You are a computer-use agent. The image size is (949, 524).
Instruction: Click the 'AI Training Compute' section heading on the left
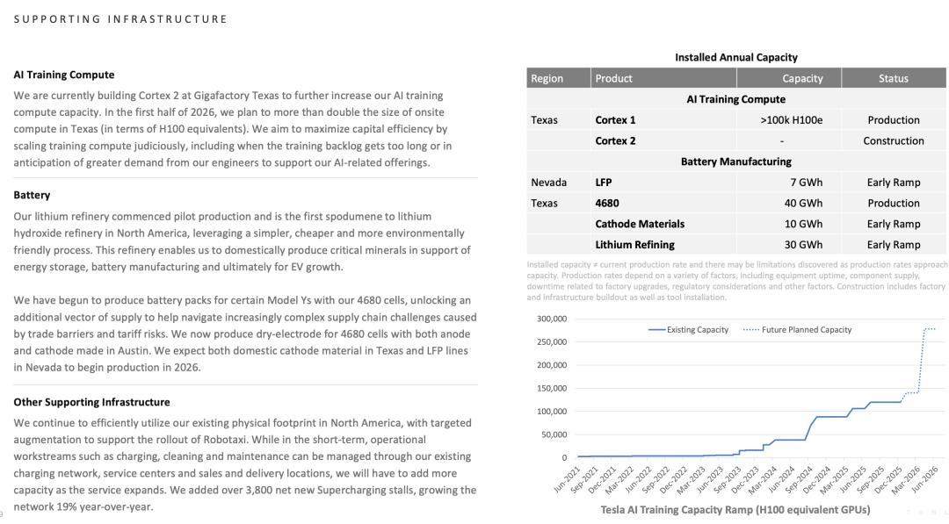coord(64,75)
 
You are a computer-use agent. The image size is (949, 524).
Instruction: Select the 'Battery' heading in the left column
coord(32,195)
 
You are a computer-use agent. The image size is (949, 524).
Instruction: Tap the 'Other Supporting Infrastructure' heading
coord(91,402)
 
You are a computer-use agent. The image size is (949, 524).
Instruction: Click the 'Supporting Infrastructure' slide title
coord(120,18)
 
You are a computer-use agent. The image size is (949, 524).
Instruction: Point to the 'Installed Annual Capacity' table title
coord(735,57)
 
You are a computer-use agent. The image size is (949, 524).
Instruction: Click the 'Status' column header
coord(893,78)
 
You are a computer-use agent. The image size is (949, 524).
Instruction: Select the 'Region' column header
coord(547,78)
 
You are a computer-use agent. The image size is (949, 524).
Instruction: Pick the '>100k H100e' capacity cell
coord(791,120)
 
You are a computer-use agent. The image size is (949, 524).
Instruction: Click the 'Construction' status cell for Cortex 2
coord(893,140)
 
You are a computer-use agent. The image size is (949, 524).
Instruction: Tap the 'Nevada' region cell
coord(548,183)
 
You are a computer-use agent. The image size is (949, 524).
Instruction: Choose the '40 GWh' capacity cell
coord(803,203)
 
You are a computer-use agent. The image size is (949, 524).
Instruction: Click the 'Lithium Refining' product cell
coord(634,245)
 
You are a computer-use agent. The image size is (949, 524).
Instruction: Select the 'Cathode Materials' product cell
coord(639,224)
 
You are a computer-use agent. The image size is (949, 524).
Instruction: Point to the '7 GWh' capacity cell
coord(806,183)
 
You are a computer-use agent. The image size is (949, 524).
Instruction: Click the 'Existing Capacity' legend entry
coord(689,330)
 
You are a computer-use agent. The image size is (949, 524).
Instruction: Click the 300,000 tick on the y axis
coord(552,319)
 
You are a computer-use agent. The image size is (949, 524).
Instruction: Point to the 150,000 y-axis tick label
coord(552,388)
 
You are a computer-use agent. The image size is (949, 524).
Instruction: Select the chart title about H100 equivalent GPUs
coord(735,510)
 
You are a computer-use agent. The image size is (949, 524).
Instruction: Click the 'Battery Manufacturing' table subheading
coord(735,162)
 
